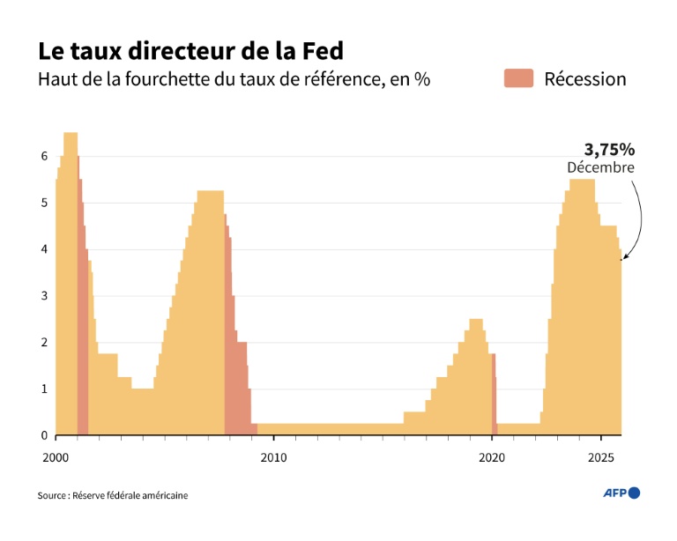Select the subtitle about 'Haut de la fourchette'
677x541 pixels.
(x=234, y=79)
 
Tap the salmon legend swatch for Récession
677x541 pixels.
(x=517, y=78)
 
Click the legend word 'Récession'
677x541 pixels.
(x=584, y=79)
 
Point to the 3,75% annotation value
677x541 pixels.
(x=609, y=149)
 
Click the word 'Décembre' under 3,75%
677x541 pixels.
(x=600, y=167)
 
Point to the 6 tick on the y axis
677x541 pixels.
(x=43, y=156)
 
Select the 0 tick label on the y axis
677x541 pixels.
(x=43, y=435)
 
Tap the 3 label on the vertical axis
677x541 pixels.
(x=43, y=296)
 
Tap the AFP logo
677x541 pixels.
(x=621, y=493)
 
